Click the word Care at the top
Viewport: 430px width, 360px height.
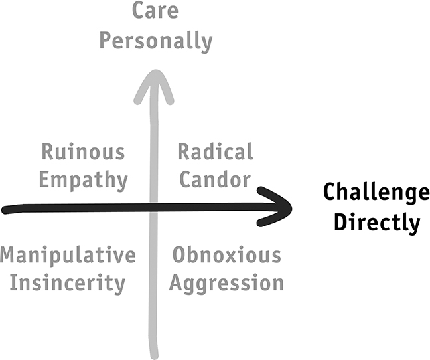coord(155,10)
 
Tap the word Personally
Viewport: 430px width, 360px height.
coord(156,41)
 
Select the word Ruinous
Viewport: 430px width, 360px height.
coord(83,151)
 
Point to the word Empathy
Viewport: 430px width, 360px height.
coord(84,180)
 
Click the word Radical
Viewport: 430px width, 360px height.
coord(215,151)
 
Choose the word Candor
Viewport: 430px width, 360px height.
coord(215,179)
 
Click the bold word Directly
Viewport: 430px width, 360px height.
coord(377,222)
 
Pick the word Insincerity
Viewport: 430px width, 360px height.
coord(68,284)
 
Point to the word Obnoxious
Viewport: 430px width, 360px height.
coord(227,255)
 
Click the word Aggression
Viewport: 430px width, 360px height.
coord(226,284)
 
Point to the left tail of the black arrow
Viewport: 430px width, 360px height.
coord(4,210)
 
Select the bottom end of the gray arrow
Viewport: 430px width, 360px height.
coord(155,357)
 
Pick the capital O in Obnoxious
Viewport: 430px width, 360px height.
coord(180,255)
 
